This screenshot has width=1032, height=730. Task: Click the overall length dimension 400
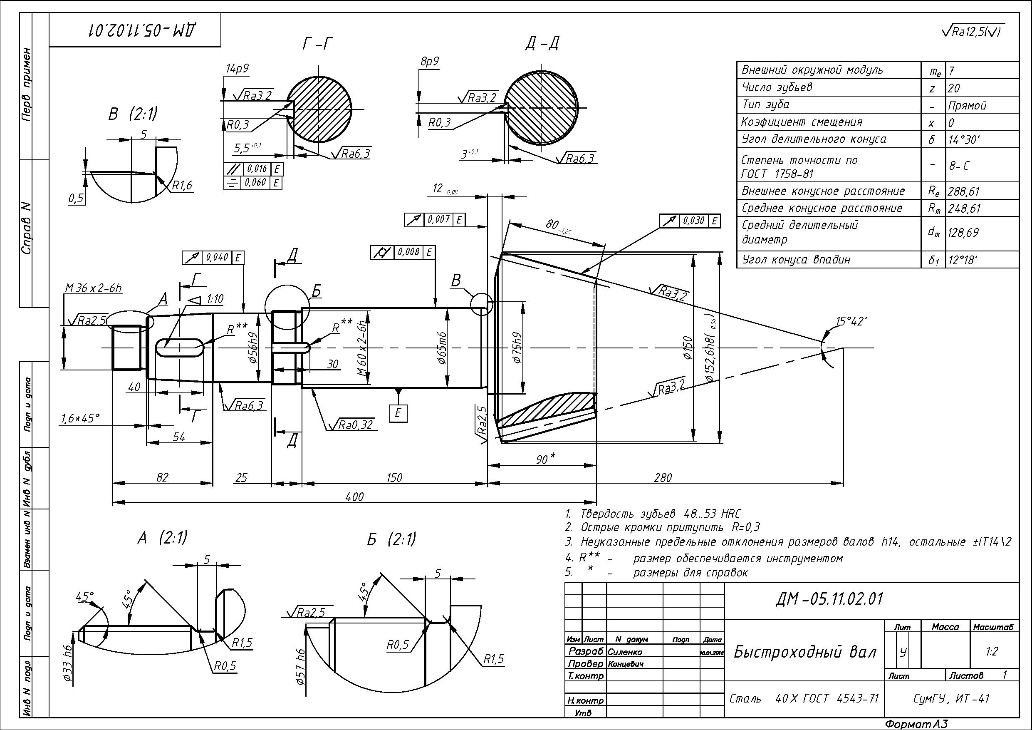355,497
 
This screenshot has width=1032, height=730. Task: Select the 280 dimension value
663,477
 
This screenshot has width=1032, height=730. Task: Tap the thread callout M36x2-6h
94,288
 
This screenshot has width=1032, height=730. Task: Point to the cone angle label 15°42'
851,321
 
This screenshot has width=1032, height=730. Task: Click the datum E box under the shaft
398,413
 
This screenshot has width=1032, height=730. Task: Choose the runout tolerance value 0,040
218,258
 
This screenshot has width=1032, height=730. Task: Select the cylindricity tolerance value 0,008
408,252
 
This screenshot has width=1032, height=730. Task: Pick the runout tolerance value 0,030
694,221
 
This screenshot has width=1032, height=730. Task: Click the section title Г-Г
317,44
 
